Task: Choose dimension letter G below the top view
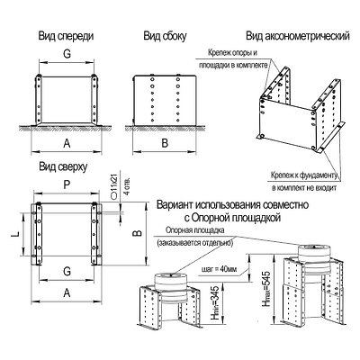pyautogui.click(x=69, y=277)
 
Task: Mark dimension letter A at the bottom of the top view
pyautogui.click(x=69, y=293)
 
